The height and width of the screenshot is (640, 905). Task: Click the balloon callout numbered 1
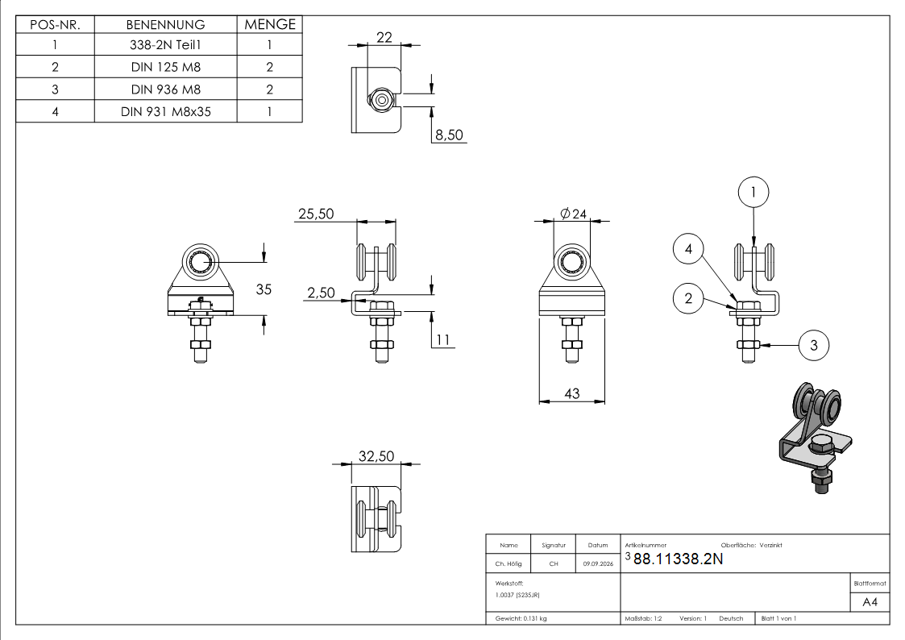(x=753, y=192)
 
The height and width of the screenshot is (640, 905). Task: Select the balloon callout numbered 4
(x=688, y=249)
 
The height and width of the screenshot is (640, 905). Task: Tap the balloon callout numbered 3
(x=814, y=345)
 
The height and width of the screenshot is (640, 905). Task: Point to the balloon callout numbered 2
(x=688, y=298)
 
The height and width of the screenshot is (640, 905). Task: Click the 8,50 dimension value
(x=449, y=135)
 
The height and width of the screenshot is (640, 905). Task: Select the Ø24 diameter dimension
(x=573, y=214)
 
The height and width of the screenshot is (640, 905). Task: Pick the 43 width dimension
(x=572, y=393)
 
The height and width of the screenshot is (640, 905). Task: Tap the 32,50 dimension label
(x=376, y=456)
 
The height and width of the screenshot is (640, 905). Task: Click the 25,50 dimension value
(x=316, y=214)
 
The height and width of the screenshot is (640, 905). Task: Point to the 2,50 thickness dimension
(x=321, y=293)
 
